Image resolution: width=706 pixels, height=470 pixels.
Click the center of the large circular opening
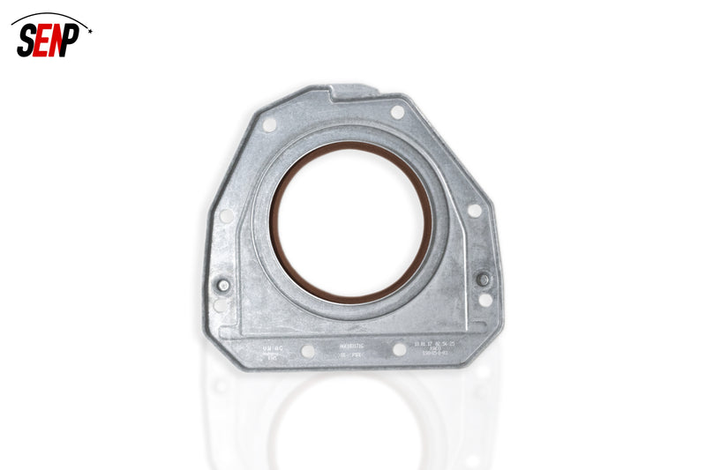click(351, 221)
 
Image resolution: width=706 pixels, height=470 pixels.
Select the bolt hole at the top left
click(268, 125)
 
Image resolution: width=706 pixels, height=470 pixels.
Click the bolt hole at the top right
click(398, 112)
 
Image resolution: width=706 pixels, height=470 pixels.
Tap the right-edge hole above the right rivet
click(474, 211)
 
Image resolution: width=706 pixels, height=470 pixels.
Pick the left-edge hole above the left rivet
click(226, 216)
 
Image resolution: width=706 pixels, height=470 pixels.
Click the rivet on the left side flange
click(223, 285)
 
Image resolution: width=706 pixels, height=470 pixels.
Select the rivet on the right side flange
click(483, 280)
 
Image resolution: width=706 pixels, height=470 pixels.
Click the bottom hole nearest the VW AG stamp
click(307, 351)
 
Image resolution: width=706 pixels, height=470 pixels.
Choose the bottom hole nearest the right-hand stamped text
click(399, 349)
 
